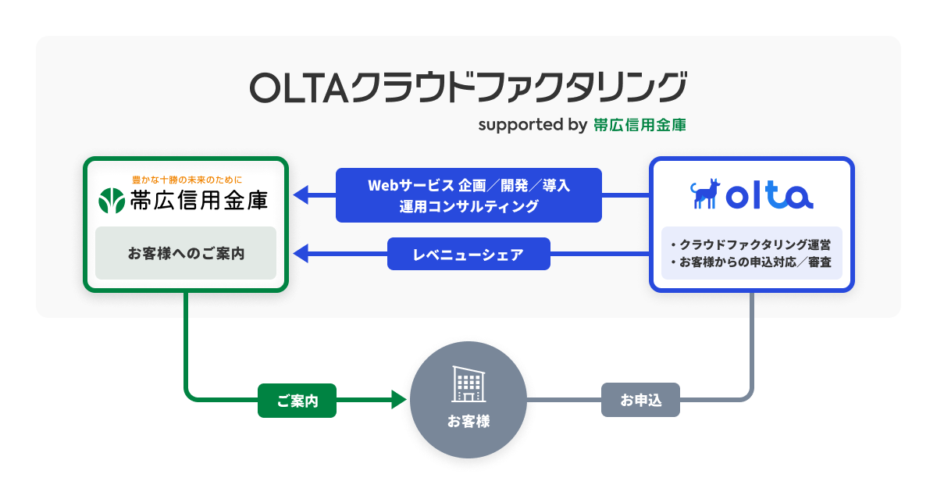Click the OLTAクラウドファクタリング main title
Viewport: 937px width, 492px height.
point(468,87)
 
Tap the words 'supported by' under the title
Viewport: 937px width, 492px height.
point(533,125)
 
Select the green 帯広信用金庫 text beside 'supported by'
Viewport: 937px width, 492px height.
point(640,125)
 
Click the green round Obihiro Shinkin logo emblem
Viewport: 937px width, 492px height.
point(112,201)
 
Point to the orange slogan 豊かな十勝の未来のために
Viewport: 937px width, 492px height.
point(187,180)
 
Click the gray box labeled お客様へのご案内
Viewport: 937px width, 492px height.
point(186,253)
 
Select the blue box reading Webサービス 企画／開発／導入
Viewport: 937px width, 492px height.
point(468,195)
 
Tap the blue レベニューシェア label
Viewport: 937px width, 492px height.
point(468,254)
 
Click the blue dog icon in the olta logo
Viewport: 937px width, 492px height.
point(705,194)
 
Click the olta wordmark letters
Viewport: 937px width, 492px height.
point(770,195)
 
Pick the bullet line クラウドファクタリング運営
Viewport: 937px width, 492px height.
point(751,244)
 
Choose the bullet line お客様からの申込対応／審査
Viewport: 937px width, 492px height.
point(751,262)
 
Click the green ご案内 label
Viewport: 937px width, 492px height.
point(297,401)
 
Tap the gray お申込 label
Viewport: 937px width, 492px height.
point(640,400)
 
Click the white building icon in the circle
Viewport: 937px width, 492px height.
point(468,384)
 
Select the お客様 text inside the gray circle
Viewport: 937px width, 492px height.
point(468,421)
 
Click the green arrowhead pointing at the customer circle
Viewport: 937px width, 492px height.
point(399,400)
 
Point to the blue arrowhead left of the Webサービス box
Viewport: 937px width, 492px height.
point(301,195)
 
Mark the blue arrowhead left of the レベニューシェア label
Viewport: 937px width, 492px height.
point(301,254)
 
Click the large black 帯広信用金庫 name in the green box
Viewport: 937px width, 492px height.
point(199,201)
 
